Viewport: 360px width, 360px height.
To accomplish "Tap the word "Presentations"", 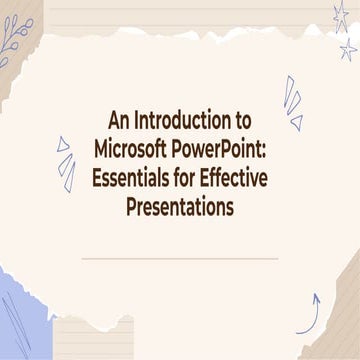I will [x=180, y=208].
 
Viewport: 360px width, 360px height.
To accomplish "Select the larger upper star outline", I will [x=341, y=15].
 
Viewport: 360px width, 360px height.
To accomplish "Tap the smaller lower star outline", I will [x=348, y=48].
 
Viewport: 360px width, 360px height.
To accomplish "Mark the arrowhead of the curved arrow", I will [x=316, y=296].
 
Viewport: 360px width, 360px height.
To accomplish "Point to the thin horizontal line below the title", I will [x=180, y=257].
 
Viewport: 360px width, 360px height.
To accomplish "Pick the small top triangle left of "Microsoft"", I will [x=62, y=143].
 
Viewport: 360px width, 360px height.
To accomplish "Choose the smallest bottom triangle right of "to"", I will [x=296, y=122].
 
